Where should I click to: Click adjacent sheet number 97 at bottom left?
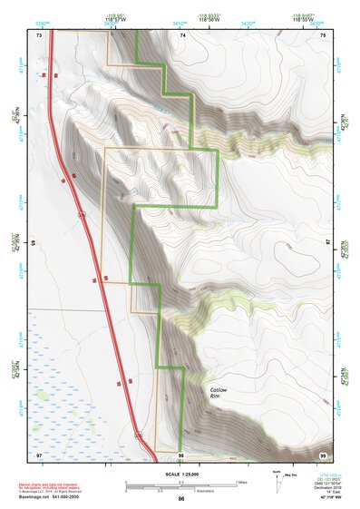(39, 454)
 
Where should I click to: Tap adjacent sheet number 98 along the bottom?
(181, 454)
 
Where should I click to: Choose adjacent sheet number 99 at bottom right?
(324, 454)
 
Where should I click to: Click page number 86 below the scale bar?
(181, 500)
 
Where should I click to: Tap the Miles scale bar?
(181, 481)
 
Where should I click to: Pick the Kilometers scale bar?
(181, 490)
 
